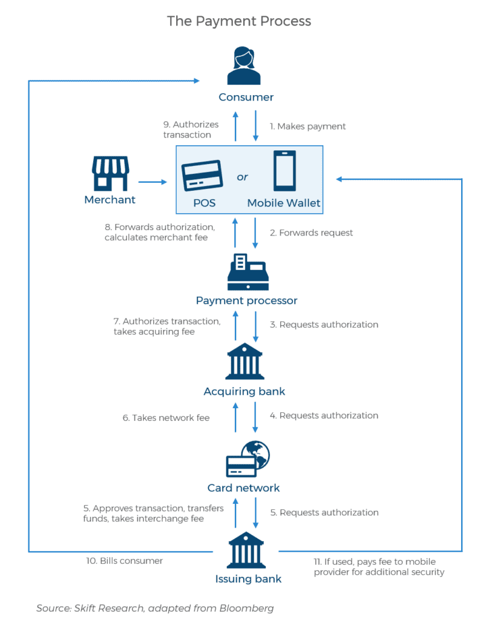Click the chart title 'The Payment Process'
coord(239,21)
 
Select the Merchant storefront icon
coord(110,174)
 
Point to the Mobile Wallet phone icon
coord(284,171)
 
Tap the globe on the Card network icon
coord(257,455)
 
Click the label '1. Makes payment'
coord(308,127)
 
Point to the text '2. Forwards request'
coord(312,232)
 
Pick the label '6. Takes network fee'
coord(166,418)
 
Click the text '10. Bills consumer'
coord(124,561)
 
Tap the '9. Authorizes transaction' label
coord(191,130)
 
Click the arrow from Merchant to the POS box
coord(153,181)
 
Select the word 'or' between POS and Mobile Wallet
coord(243,177)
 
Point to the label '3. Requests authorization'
coord(324,325)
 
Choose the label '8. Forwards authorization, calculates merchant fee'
coord(159,232)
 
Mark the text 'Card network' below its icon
coord(243,488)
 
